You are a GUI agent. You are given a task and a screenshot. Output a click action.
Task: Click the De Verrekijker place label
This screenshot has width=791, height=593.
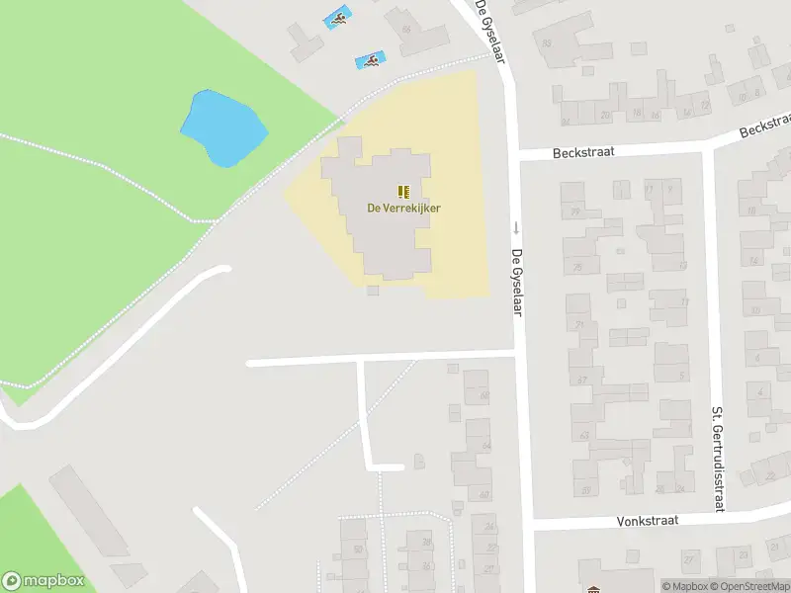pyautogui.click(x=403, y=208)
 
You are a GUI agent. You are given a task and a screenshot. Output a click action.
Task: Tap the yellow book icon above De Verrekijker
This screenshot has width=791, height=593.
pyautogui.click(x=403, y=191)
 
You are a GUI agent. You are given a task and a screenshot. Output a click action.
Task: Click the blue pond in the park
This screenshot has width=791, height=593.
pyautogui.click(x=223, y=127)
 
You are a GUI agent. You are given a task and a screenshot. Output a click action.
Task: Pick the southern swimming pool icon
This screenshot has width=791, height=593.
pyautogui.click(x=370, y=61)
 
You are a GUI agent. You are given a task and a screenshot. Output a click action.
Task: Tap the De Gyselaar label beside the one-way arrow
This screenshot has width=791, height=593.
pyautogui.click(x=516, y=282)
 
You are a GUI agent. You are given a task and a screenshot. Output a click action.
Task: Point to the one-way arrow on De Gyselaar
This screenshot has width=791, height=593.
pyautogui.click(x=515, y=227)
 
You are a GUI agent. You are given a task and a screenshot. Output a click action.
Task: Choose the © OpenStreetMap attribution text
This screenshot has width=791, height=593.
pyautogui.click(x=754, y=586)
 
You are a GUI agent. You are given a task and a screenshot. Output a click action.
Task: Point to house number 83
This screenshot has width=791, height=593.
pyautogui.click(x=547, y=42)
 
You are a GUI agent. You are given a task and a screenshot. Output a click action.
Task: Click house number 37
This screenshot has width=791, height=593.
pyautogui.click(x=582, y=379)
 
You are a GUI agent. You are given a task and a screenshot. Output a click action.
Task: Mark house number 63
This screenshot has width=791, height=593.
pyautogui.click(x=583, y=435)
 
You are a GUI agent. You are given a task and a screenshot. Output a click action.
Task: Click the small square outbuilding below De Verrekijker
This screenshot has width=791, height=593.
pyautogui.click(x=372, y=290)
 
